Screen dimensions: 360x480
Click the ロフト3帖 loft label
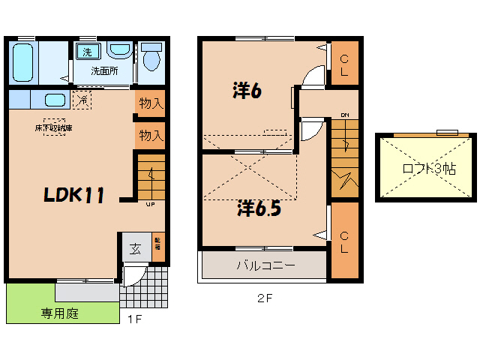tap(428, 169)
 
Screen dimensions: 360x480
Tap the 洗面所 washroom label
tap(105, 71)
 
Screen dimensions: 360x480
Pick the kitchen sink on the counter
tap(54, 100)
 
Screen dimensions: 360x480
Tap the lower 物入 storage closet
tap(151, 136)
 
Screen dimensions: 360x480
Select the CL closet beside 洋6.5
tap(344, 241)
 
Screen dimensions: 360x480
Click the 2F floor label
tap(264, 298)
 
